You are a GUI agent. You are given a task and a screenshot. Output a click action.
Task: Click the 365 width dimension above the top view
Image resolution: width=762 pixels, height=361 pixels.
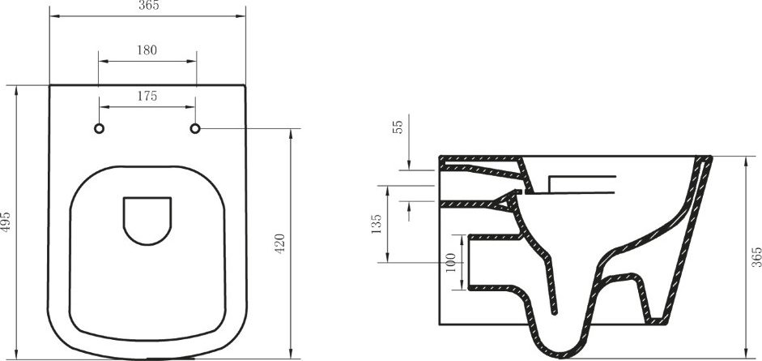pyautogui.click(x=149, y=6)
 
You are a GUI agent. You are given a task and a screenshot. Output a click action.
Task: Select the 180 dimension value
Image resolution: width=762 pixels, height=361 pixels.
pyautogui.click(x=147, y=49)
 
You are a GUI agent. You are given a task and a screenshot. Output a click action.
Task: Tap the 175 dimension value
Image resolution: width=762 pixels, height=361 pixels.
pyautogui.click(x=147, y=96)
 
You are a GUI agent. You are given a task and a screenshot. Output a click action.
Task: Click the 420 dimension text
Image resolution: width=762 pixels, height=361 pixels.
pyautogui.click(x=279, y=243)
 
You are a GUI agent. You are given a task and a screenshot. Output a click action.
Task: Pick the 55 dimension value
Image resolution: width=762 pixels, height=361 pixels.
pyautogui.click(x=398, y=127)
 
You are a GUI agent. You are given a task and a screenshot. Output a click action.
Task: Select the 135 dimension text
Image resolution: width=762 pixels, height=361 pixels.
pyautogui.click(x=376, y=224)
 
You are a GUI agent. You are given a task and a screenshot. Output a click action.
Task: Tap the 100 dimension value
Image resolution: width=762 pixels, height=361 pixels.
pyautogui.click(x=451, y=263)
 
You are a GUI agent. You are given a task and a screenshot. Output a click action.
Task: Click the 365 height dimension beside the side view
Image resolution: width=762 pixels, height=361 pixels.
pyautogui.click(x=756, y=257)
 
